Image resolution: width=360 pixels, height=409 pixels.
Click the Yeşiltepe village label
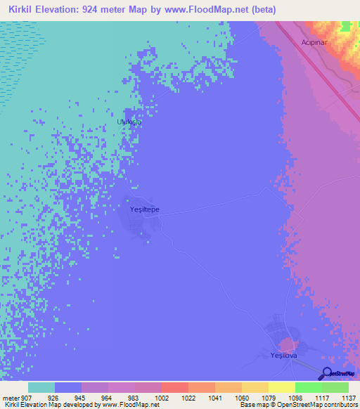145,209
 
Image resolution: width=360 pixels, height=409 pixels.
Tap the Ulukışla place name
129,122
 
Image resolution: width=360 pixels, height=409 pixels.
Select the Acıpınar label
316,41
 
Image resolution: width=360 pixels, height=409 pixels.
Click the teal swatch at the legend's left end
41,387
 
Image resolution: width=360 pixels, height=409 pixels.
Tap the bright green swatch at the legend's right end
335,387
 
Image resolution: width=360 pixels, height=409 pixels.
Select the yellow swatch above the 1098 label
282,387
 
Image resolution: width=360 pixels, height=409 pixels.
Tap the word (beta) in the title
262,10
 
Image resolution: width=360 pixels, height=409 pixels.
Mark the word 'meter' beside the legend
10,398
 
